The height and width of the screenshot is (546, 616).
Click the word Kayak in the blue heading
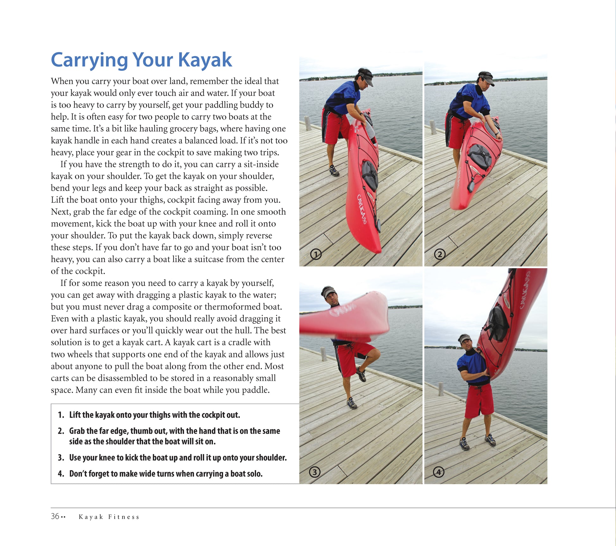(x=205, y=60)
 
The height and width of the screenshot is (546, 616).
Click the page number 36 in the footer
(x=55, y=516)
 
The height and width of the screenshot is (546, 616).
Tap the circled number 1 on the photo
(x=316, y=254)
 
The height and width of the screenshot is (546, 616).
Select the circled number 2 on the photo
(x=440, y=254)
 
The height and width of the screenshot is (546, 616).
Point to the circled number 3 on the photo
(x=314, y=472)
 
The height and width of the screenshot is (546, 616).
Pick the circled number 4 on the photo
(x=438, y=472)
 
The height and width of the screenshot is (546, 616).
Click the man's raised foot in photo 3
(x=361, y=375)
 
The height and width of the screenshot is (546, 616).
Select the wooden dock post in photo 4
(x=441, y=389)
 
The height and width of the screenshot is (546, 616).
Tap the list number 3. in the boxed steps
(x=61, y=457)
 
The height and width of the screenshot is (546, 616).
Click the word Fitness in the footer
(x=124, y=517)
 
